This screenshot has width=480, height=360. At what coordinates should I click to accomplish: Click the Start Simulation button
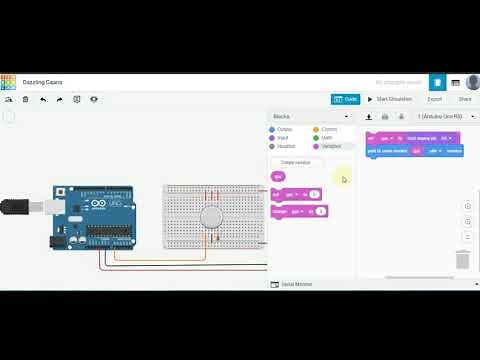click(391, 99)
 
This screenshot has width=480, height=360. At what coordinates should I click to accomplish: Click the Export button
click(435, 99)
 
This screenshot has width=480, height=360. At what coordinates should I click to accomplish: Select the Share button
click(465, 99)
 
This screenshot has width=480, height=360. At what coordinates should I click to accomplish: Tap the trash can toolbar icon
click(26, 99)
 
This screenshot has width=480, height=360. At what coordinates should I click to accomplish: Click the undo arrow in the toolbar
click(43, 99)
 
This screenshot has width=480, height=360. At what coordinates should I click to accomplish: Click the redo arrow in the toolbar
click(60, 99)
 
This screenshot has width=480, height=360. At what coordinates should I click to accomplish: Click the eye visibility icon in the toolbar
click(94, 99)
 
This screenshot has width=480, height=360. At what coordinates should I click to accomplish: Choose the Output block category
click(284, 129)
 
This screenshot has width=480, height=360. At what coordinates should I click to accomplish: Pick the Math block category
click(326, 138)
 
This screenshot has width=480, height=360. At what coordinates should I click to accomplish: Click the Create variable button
click(295, 162)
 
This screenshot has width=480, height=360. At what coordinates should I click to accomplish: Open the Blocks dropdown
click(310, 116)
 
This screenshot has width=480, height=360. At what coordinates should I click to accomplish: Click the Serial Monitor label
click(296, 284)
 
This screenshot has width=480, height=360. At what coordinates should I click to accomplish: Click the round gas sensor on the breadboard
click(211, 217)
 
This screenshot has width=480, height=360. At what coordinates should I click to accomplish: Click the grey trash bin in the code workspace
click(463, 260)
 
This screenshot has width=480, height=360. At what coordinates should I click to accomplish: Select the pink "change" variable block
click(299, 211)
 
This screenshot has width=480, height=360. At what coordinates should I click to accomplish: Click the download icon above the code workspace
click(369, 116)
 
